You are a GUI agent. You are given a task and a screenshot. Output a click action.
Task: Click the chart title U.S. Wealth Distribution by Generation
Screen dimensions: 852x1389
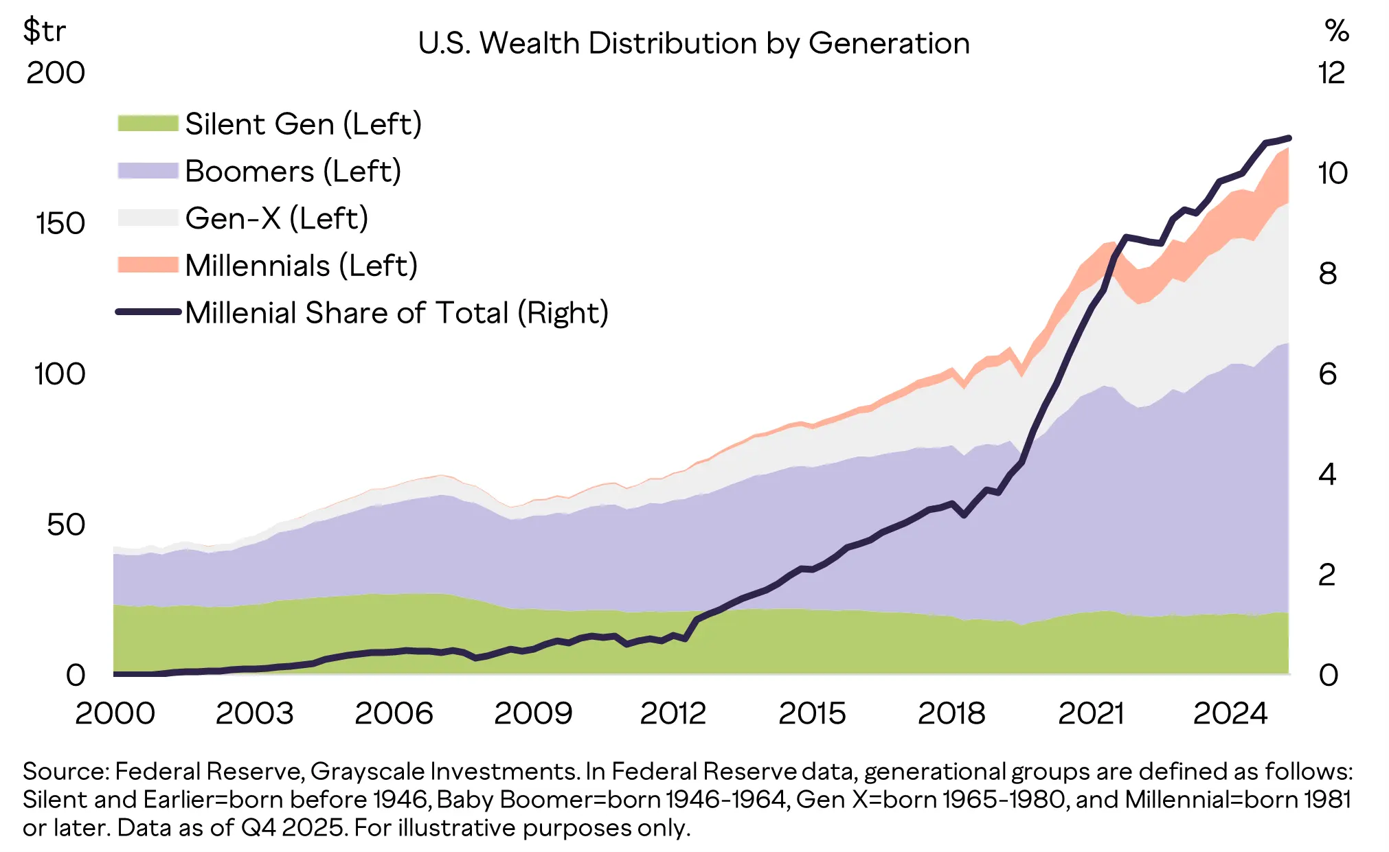694,43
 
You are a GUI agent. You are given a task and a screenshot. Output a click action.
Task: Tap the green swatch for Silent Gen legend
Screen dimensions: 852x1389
148,124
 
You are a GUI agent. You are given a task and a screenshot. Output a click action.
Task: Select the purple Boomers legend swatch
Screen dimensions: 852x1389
148,170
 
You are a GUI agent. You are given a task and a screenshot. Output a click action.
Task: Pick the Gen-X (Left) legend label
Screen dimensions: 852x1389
277,218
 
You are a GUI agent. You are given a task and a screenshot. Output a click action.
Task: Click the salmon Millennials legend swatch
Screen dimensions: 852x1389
148,265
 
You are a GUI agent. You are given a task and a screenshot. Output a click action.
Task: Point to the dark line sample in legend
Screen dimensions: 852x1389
148,312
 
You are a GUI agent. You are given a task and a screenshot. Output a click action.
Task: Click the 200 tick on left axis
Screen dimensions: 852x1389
56,73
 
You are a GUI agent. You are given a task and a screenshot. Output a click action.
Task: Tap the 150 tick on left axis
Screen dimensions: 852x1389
60,224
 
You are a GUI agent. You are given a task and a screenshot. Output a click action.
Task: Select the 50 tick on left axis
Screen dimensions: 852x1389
65,525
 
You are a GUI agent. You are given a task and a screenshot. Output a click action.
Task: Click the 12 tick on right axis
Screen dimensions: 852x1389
1331,73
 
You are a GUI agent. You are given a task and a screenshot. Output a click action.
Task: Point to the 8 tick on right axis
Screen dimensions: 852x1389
1327,274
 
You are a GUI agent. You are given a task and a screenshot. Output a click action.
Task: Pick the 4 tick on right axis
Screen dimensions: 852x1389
1327,474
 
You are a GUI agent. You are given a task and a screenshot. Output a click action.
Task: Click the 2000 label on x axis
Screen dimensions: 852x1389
115,713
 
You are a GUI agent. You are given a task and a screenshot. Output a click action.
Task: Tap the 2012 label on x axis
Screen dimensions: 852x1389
673,713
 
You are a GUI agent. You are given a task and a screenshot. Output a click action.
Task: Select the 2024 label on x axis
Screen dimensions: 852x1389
1230,713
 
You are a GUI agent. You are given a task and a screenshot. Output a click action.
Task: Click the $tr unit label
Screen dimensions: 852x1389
44,31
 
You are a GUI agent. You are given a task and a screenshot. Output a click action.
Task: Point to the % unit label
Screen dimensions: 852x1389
1337,31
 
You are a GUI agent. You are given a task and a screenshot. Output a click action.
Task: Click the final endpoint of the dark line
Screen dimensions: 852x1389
1289,138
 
